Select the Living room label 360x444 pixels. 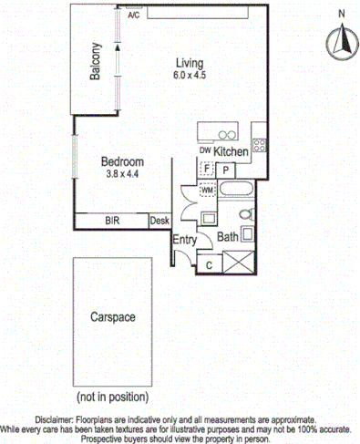191,62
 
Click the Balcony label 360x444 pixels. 95,64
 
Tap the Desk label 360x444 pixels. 159,221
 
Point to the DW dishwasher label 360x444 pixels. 204,150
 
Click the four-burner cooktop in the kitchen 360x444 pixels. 259,144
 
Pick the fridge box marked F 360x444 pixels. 207,169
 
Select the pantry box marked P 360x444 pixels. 225,169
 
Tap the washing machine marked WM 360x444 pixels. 207,189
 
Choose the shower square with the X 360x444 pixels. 242,263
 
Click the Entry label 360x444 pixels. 185,239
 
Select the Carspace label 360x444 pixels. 112,317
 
